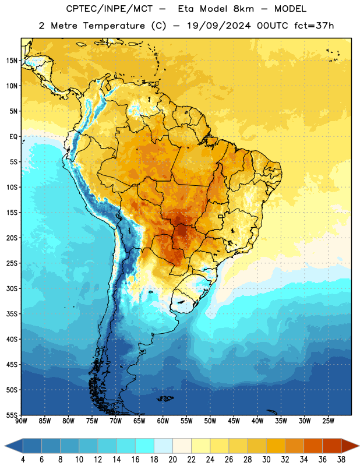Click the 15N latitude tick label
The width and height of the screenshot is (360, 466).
[12, 61]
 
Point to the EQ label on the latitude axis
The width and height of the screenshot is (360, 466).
[13, 137]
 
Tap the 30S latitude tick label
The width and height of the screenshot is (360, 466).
[12, 288]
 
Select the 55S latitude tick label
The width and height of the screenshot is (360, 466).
[12, 415]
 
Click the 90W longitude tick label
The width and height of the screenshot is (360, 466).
[21, 421]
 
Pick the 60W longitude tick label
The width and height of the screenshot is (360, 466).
[163, 421]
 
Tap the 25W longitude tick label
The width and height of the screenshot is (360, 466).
[328, 421]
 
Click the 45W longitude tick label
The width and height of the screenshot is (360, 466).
[234, 421]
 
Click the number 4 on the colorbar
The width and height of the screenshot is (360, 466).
[23, 460]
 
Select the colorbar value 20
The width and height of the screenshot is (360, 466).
[172, 460]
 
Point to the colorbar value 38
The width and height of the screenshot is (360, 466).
[341, 460]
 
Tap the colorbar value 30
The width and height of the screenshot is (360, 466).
[266, 460]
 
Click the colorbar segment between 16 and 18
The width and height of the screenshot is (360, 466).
[145, 446]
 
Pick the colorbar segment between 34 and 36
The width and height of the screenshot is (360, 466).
[313, 446]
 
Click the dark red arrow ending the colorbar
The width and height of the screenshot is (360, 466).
[350, 446]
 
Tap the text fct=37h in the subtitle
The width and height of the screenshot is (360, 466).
[314, 26]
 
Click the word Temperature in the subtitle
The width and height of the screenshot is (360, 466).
[114, 26]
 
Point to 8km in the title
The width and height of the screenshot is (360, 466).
[243, 9]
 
